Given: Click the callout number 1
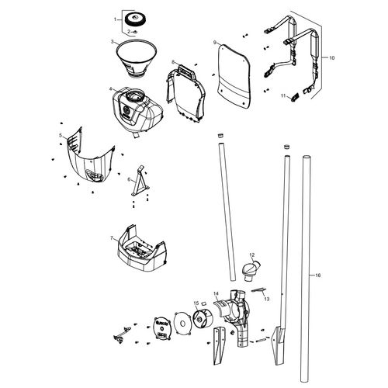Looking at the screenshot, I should pos(116,19).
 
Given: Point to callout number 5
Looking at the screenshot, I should pos(61,136).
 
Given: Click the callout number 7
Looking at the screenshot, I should pos(113,238).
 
